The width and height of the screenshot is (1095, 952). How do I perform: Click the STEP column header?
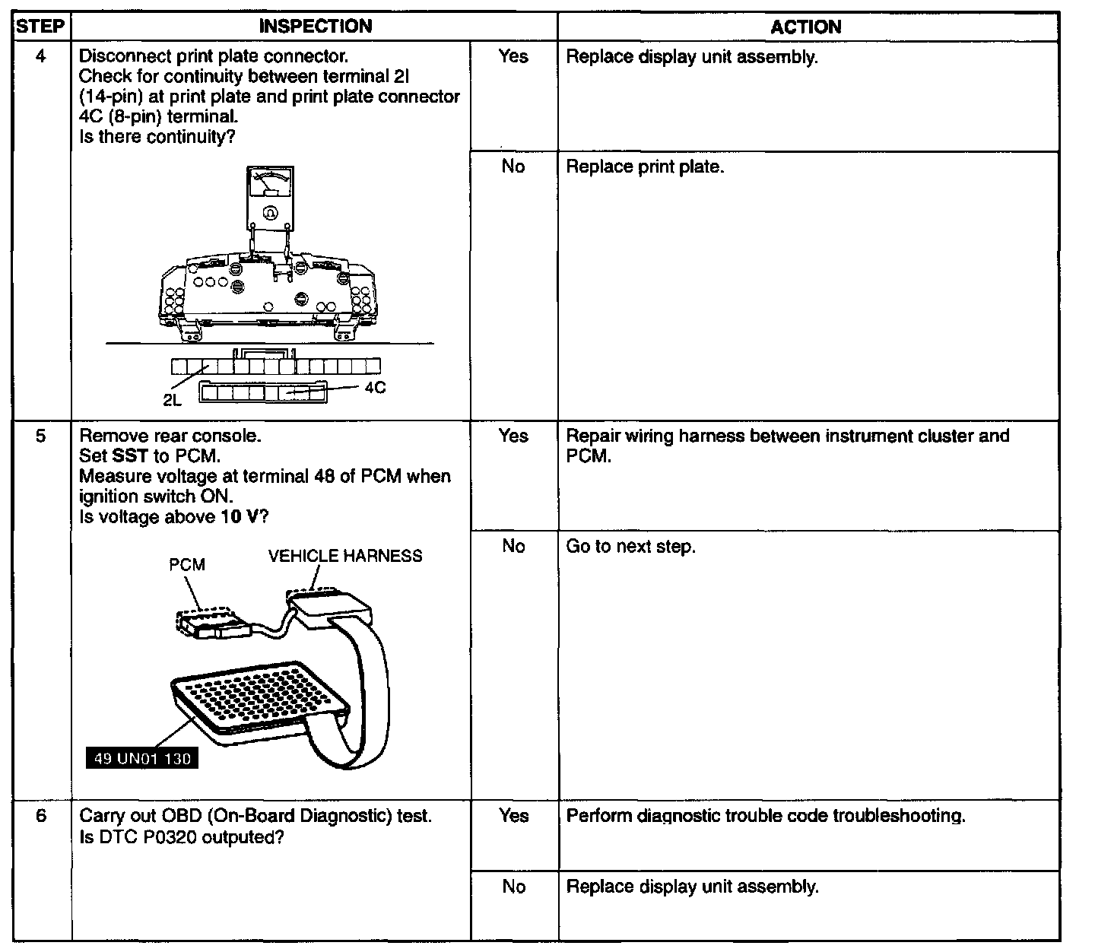tap(41, 27)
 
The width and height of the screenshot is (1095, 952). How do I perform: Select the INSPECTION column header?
tap(316, 27)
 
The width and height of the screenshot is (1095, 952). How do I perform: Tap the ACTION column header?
tap(806, 27)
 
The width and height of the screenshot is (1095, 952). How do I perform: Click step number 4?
tap(41, 56)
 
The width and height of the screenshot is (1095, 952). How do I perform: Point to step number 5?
tap(41, 436)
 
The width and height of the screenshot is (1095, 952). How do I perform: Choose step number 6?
tap(41, 816)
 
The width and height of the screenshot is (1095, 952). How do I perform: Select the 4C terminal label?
tap(375, 388)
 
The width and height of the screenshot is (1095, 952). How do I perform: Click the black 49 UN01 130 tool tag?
tap(142, 758)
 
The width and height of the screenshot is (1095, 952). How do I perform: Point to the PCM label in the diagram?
tap(187, 565)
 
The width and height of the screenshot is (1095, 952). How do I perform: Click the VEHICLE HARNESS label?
tap(345, 556)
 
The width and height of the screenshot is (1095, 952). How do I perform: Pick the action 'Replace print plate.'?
tap(645, 167)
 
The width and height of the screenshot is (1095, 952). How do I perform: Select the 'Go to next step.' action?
tap(630, 547)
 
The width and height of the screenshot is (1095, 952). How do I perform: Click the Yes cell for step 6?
tap(513, 816)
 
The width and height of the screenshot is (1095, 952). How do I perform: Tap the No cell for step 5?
tap(513, 546)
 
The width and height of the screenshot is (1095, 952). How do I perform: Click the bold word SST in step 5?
tap(129, 456)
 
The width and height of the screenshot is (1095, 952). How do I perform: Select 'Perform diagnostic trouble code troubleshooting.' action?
tap(766, 816)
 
